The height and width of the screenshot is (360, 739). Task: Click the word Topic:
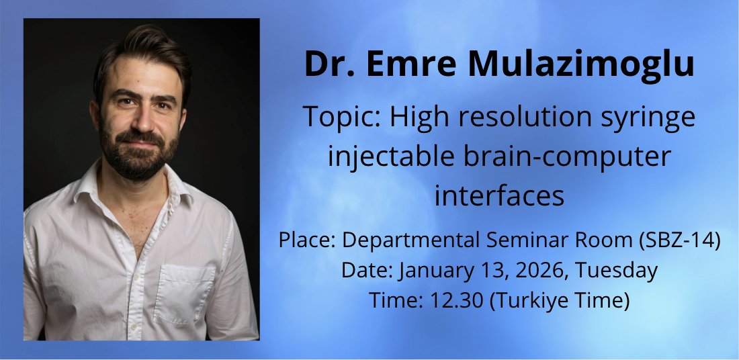(x=341, y=118)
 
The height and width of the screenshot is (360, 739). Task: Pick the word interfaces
(x=499, y=196)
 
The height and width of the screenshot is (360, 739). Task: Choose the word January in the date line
(x=429, y=271)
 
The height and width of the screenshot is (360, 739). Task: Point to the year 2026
(x=540, y=271)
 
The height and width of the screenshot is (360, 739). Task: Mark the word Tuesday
(x=617, y=271)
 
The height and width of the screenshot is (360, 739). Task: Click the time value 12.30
(x=457, y=301)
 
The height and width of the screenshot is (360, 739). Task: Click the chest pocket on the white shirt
(x=184, y=294)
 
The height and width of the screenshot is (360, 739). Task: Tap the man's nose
(x=143, y=120)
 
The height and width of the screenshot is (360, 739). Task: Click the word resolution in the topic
(x=525, y=118)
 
